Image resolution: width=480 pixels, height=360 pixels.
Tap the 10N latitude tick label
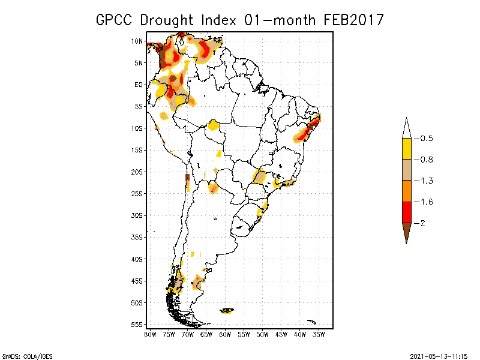click(137, 41)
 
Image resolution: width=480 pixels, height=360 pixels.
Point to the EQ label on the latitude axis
click(138, 85)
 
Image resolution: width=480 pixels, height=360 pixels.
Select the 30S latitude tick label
click(137, 215)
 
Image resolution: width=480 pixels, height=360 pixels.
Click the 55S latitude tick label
click(137, 325)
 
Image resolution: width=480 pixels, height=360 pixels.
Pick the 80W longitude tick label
click(150, 334)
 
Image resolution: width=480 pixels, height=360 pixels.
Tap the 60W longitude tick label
click(225, 334)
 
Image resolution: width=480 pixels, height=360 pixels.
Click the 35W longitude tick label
click(319, 334)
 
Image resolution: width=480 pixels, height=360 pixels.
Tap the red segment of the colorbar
click(406, 212)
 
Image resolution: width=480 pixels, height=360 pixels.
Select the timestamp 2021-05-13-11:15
click(439, 355)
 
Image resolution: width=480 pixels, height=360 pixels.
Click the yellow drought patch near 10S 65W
click(213, 125)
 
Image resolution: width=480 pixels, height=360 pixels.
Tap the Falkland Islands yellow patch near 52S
click(227, 310)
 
